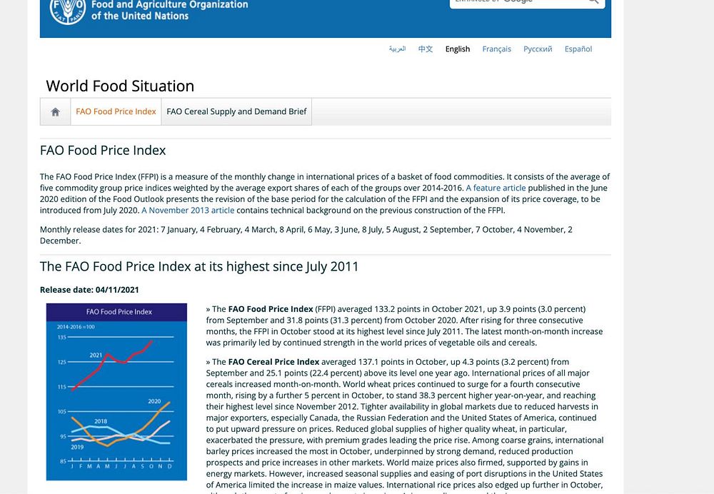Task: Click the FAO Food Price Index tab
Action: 116,112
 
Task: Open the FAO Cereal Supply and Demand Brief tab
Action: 236,112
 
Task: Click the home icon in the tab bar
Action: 55,112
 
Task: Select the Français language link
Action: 496,49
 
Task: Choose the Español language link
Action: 578,49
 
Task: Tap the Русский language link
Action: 538,49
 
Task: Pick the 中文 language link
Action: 426,49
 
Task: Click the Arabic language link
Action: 397,49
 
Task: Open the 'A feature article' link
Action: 496,188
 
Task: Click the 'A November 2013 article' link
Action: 188,211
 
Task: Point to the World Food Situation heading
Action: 120,86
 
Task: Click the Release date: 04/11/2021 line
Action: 89,290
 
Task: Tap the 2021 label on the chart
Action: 96,355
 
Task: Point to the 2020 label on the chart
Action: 154,401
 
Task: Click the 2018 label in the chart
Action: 101,421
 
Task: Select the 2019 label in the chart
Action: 77,447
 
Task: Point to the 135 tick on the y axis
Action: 61,337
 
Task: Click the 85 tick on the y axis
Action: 63,460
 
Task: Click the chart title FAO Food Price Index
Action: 119,312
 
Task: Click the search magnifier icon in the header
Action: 593,1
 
